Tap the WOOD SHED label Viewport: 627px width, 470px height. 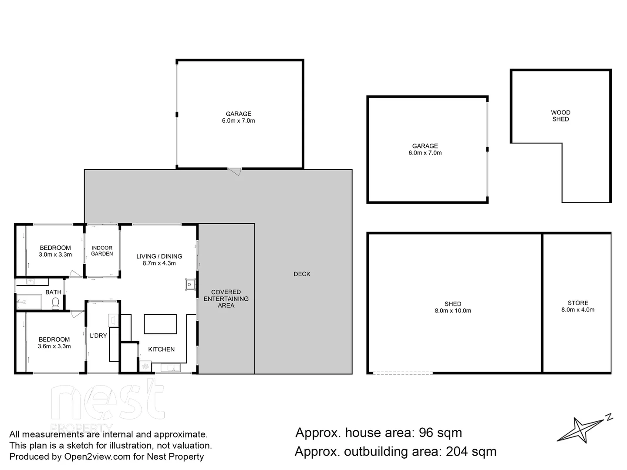(560, 116)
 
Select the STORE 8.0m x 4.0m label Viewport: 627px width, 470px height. (578, 306)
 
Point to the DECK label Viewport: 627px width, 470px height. (302, 274)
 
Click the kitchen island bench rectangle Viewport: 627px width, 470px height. (160, 324)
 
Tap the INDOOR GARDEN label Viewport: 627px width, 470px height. (102, 251)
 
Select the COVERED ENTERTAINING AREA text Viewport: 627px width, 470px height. (226, 299)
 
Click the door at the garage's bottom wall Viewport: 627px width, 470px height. (235, 171)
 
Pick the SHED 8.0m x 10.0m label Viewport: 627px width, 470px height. (453, 307)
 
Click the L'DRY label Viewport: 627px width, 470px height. (98, 336)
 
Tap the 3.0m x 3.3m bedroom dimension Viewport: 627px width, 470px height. (55, 255)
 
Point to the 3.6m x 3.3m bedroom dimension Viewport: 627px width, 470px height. (54, 346)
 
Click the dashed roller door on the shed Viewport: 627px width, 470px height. (403, 373)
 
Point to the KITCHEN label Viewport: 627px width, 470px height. (161, 349)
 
